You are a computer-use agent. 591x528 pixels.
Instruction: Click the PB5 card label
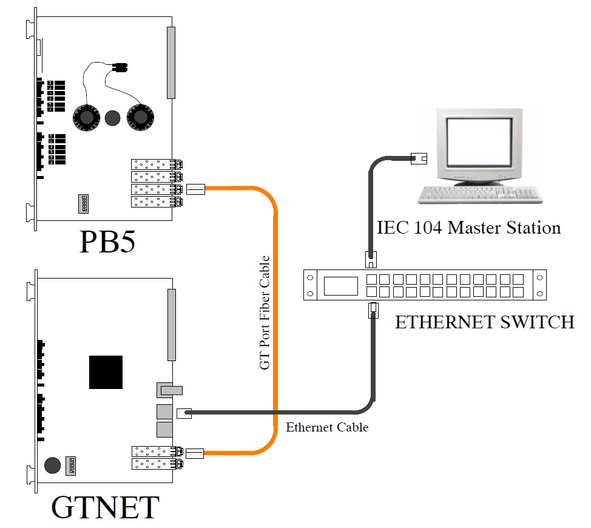coord(106,242)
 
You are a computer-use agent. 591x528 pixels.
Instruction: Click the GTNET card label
coord(105,507)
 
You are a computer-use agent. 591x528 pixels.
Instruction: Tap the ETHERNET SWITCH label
coord(484,322)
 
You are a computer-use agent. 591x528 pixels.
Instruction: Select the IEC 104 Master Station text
coord(468,228)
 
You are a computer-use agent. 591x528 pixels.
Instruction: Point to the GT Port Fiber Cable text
coord(265,313)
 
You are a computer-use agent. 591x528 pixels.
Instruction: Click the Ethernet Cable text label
coord(327,427)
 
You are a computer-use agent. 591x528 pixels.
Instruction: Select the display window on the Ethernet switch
coord(340,286)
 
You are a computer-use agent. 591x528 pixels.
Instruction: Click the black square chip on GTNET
coord(106,372)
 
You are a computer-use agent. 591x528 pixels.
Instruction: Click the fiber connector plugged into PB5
coord(195,189)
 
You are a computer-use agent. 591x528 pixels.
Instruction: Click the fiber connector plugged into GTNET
coord(195,453)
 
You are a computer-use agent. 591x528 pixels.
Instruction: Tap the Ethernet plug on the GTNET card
coord(184,413)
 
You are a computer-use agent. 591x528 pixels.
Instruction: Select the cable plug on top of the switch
coord(371,259)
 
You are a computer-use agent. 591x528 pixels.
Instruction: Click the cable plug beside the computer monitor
coord(419,159)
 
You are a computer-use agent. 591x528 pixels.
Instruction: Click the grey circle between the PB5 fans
coord(113,118)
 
